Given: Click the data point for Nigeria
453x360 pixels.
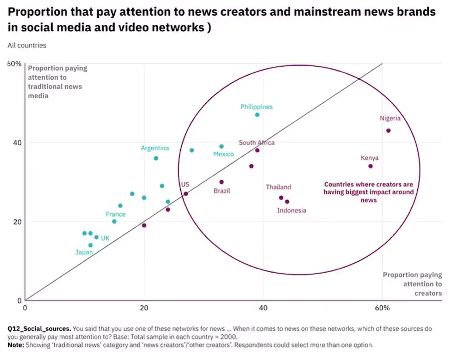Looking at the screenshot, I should coord(388,130).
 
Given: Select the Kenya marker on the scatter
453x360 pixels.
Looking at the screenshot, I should coord(371,166).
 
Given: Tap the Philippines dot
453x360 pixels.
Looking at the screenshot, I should coord(257,115).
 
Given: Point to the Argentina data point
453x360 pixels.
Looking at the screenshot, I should coord(156,158).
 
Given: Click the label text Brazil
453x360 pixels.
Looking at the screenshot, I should coord(222,191).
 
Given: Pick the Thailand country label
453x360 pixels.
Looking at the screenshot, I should coord(278,187).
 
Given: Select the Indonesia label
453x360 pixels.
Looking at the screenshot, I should coord(292,210).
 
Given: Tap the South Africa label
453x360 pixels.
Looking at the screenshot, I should coord(256,143).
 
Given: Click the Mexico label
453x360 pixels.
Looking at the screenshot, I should coord(224,154).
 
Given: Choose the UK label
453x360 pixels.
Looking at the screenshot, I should coord(105,238).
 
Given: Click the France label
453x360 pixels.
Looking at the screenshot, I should coord(116,214).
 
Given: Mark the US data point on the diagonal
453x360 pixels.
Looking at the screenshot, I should coord(185,194).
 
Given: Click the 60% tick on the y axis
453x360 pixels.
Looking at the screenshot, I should coord(14,64).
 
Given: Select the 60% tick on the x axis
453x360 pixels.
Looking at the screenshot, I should coord(382,308).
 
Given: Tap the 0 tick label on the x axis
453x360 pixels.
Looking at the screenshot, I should coord(25,308).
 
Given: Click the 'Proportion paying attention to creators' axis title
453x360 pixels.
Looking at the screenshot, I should coord(412,284).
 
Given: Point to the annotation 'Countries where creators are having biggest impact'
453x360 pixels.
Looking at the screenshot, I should coord(369,192).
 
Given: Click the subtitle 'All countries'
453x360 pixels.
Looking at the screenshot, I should coord(27,45).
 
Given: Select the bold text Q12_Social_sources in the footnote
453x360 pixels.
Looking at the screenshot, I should coord(39,329).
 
